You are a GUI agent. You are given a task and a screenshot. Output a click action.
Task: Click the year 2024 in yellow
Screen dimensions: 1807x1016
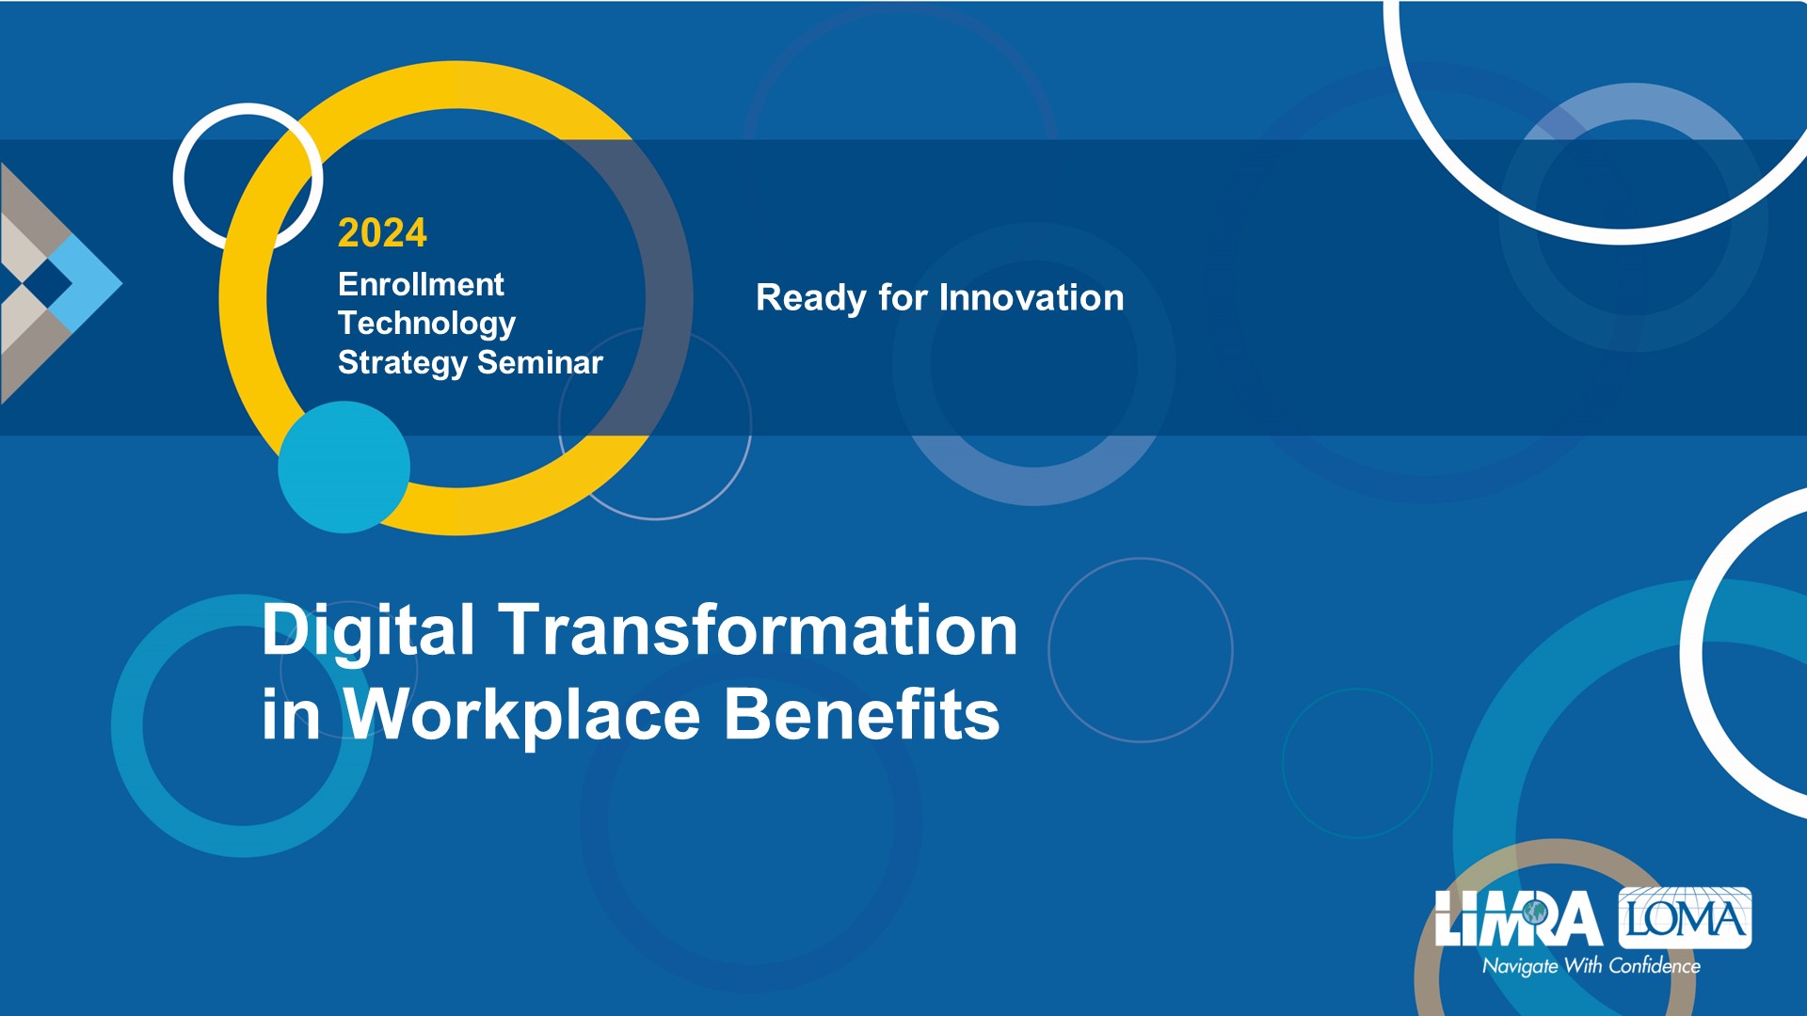point(382,233)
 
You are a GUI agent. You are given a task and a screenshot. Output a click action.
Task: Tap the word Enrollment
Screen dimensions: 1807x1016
point(421,284)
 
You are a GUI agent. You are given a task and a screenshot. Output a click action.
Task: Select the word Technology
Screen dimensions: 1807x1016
point(426,325)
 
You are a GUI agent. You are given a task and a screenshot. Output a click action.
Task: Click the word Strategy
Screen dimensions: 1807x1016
point(403,364)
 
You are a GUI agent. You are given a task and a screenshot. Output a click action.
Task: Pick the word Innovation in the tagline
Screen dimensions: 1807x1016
point(1031,298)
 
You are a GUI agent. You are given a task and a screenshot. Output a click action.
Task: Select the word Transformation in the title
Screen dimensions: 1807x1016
point(758,629)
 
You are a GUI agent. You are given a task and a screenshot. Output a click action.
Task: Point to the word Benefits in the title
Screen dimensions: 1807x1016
point(862,714)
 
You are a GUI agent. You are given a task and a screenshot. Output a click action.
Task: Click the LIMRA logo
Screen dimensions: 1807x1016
point(1518,918)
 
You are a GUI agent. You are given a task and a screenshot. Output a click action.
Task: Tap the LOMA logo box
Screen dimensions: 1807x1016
point(1685,917)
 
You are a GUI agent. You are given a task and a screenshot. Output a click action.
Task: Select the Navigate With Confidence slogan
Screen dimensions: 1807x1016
point(1591,966)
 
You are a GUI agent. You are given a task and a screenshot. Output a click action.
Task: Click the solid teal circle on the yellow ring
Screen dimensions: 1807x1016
point(344,467)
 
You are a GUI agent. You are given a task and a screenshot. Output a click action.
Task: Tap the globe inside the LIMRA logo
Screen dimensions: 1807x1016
point(1536,912)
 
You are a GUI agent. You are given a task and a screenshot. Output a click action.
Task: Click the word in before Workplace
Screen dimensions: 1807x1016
point(291,715)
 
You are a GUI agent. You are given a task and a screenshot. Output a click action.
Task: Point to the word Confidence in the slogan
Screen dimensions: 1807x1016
point(1655,966)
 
